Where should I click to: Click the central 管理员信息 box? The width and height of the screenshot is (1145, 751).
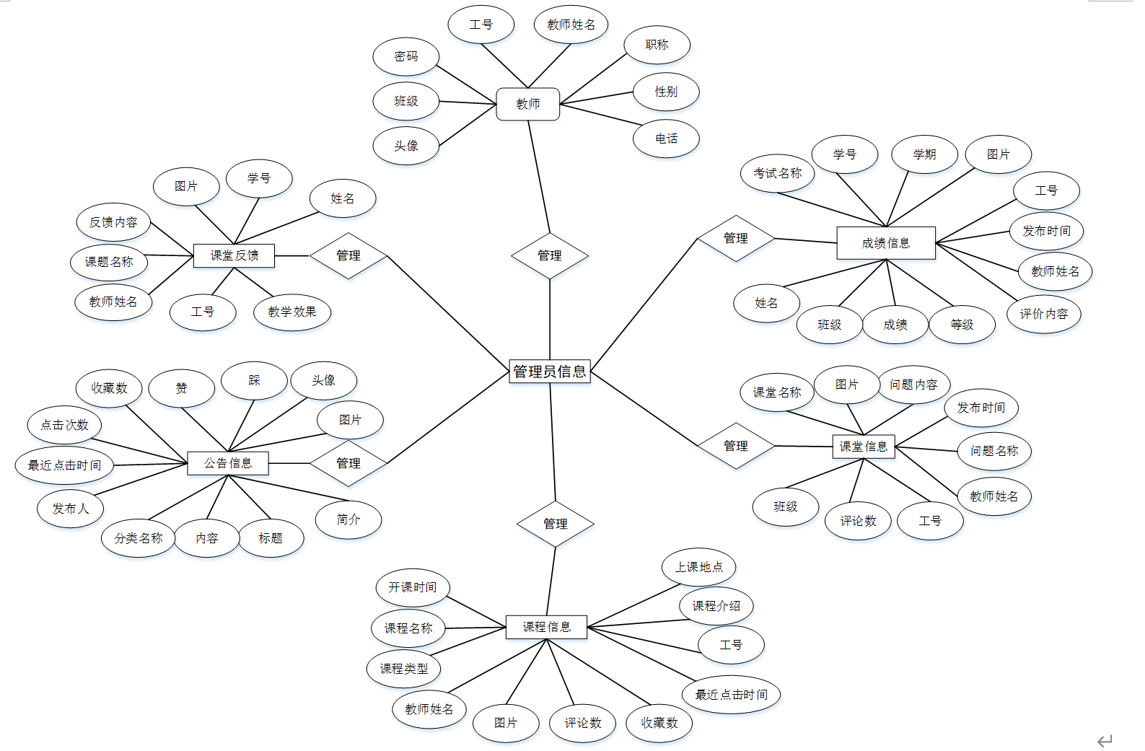click(x=550, y=372)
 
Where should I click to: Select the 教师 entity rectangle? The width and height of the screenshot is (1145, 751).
click(x=528, y=104)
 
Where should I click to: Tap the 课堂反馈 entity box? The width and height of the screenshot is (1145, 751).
click(x=234, y=255)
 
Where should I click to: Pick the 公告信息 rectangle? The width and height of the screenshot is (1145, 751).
click(x=228, y=463)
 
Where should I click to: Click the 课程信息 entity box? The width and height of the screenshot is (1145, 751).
click(x=546, y=627)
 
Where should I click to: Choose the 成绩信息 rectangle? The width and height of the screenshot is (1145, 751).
click(x=886, y=243)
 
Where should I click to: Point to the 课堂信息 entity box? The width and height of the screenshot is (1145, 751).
click(x=864, y=447)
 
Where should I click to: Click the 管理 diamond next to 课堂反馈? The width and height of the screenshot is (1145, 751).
click(x=348, y=255)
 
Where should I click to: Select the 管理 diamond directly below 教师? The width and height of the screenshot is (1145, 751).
click(x=550, y=255)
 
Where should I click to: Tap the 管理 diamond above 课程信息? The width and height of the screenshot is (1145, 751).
click(x=556, y=524)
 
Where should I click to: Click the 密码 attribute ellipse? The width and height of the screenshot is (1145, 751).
click(x=406, y=56)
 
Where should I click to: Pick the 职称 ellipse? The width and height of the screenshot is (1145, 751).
click(x=657, y=45)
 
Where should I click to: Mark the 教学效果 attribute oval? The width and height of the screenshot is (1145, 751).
click(x=292, y=312)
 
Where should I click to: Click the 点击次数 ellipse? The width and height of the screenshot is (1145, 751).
click(x=64, y=425)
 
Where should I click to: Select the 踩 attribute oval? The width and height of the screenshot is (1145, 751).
click(x=254, y=380)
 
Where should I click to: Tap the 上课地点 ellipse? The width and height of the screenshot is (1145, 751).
click(x=698, y=567)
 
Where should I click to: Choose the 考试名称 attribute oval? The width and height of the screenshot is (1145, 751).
click(x=778, y=173)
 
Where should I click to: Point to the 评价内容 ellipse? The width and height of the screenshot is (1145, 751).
click(x=1043, y=314)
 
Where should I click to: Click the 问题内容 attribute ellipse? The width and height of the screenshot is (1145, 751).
click(x=913, y=385)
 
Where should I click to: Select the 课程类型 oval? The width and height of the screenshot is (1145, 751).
click(x=404, y=669)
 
